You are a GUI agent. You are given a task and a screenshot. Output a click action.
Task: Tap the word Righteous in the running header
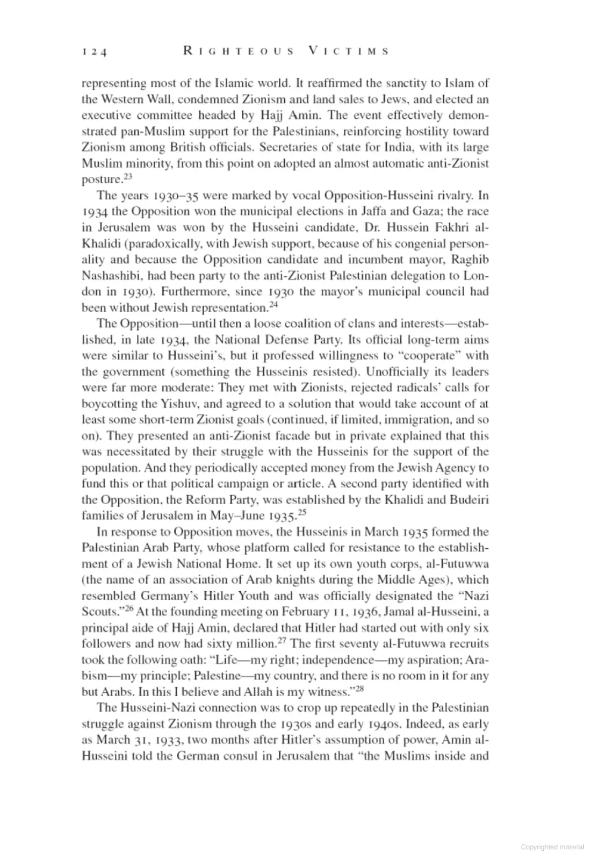point(239,52)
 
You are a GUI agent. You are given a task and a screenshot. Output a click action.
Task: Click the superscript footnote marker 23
point(126,176)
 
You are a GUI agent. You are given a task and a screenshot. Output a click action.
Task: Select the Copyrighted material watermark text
point(552,847)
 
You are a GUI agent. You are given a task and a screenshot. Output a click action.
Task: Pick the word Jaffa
point(390,211)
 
